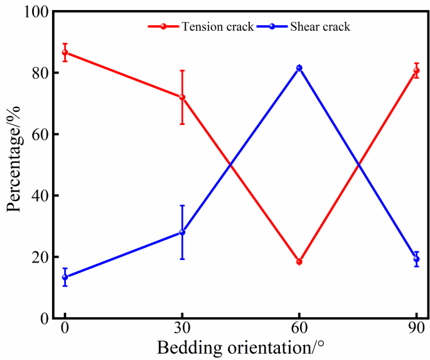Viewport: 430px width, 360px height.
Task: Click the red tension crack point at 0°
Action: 65,52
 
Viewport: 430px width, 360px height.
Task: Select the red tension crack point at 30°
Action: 182,97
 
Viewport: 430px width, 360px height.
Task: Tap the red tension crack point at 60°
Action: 299,261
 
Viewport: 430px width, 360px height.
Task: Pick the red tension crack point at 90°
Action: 416,70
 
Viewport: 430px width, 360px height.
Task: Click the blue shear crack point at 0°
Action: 65,277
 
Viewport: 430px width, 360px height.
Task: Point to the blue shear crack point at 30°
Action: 182,232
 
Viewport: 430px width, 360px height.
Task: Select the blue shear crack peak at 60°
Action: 299,68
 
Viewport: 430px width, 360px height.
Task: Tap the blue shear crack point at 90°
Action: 416,259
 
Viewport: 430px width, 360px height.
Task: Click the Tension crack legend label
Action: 217,26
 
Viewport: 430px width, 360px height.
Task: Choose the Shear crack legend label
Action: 320,26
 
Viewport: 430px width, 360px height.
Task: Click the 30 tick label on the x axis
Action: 182,332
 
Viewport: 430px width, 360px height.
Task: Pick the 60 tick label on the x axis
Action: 299,332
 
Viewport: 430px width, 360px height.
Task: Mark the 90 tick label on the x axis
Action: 416,332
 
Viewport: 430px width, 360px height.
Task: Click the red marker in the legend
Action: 163,26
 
